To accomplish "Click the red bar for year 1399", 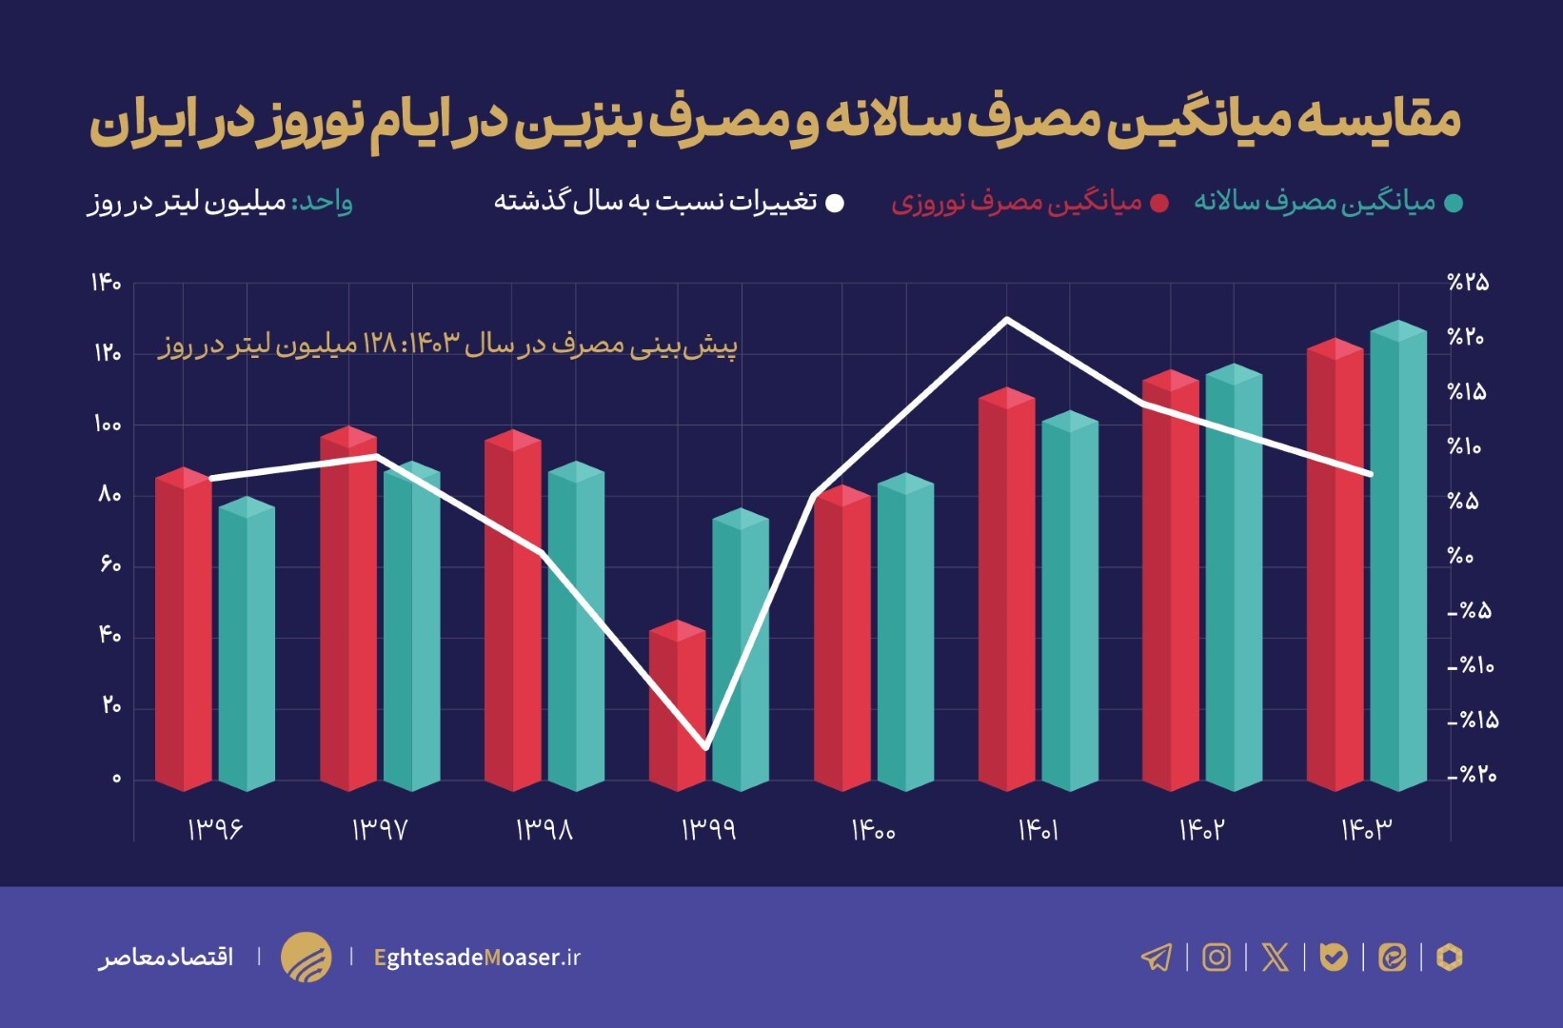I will (677, 709).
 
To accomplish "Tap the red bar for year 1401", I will (1006, 590).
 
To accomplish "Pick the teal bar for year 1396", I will (246, 647).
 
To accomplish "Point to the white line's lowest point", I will (706, 748).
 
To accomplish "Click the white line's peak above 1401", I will (1007, 319).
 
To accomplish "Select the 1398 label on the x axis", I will (544, 830).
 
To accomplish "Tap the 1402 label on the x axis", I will (1201, 830).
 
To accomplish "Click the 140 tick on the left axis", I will (107, 283).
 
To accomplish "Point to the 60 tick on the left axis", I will (110, 565).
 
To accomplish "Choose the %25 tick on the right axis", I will (1468, 283).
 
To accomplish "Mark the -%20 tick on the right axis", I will (1472, 776).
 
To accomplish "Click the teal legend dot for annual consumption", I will (1453, 204).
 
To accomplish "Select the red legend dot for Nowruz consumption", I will (1159, 204).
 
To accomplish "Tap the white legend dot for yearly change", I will (834, 204).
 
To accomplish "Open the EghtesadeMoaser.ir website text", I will (477, 957).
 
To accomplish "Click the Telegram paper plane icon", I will (1157, 957).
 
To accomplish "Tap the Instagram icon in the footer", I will (1217, 957).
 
